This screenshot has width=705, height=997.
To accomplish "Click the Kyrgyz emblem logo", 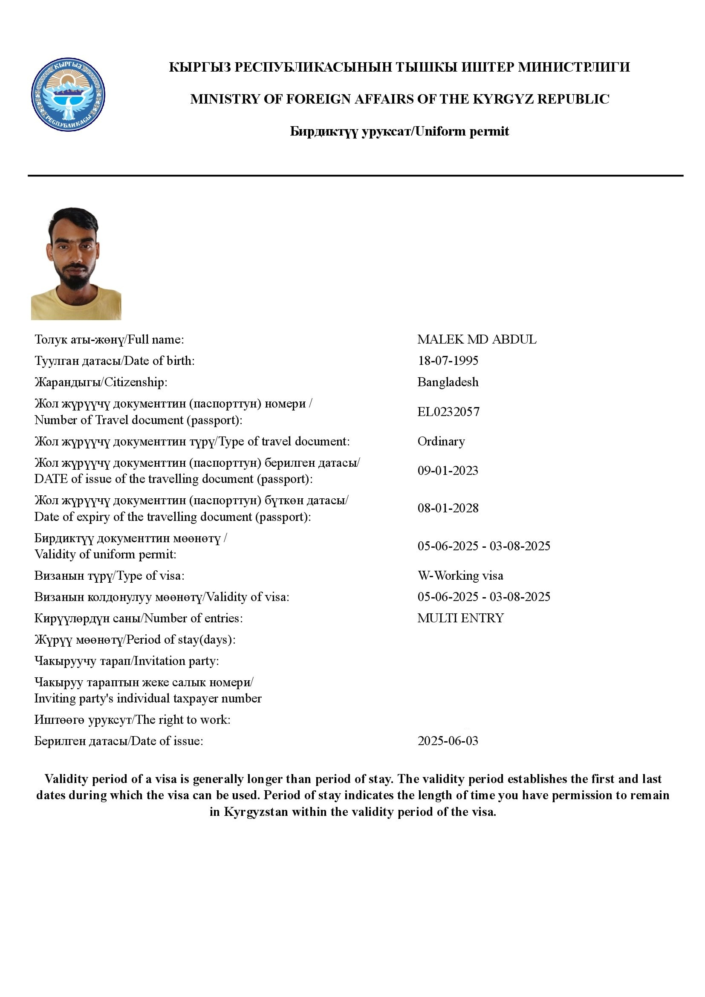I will point(68,95).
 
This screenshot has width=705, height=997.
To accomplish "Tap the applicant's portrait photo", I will point(76,263).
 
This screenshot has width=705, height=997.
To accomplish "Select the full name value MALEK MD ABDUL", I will point(477,339).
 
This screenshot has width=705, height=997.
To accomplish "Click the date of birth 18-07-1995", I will point(448,361).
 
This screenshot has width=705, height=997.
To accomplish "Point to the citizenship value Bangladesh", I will point(448,382).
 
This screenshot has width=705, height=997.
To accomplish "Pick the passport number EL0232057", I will point(448,412).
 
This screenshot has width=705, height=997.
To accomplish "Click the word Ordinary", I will point(441,441).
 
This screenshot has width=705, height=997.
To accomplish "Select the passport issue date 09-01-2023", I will point(448,471).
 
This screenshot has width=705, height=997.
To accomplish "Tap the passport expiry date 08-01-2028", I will point(448,508).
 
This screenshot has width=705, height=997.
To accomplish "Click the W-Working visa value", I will point(460,575).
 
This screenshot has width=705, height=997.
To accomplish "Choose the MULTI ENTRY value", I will point(460,618).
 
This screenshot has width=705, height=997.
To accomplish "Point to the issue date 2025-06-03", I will point(448,741).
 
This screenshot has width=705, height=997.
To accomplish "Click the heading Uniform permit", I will point(462,131).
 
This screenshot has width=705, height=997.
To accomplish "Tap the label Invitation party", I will point(176,661).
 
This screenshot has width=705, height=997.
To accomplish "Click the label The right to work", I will point(183,720).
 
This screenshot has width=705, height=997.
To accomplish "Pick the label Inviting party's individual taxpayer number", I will point(148,698).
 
